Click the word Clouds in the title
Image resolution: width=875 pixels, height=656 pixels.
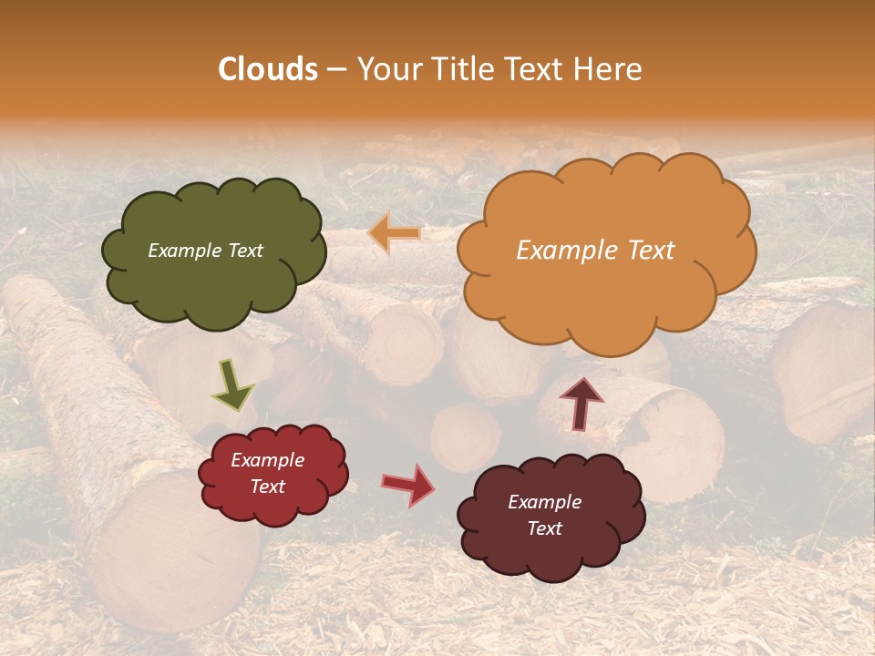(268, 69)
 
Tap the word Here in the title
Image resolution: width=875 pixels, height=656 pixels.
(609, 69)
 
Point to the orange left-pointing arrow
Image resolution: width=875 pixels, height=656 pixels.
(395, 233)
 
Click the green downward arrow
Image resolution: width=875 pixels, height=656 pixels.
(233, 384)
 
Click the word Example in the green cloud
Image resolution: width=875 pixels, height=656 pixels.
(182, 251)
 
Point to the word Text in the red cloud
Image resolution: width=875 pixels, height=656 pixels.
(268, 487)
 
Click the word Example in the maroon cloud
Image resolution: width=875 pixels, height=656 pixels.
(544, 502)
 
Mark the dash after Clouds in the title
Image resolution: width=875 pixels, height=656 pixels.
(336, 69)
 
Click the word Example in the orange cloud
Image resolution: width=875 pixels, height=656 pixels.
(561, 251)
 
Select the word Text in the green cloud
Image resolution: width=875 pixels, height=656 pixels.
(243, 251)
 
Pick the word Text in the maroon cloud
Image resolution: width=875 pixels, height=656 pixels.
(544, 528)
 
